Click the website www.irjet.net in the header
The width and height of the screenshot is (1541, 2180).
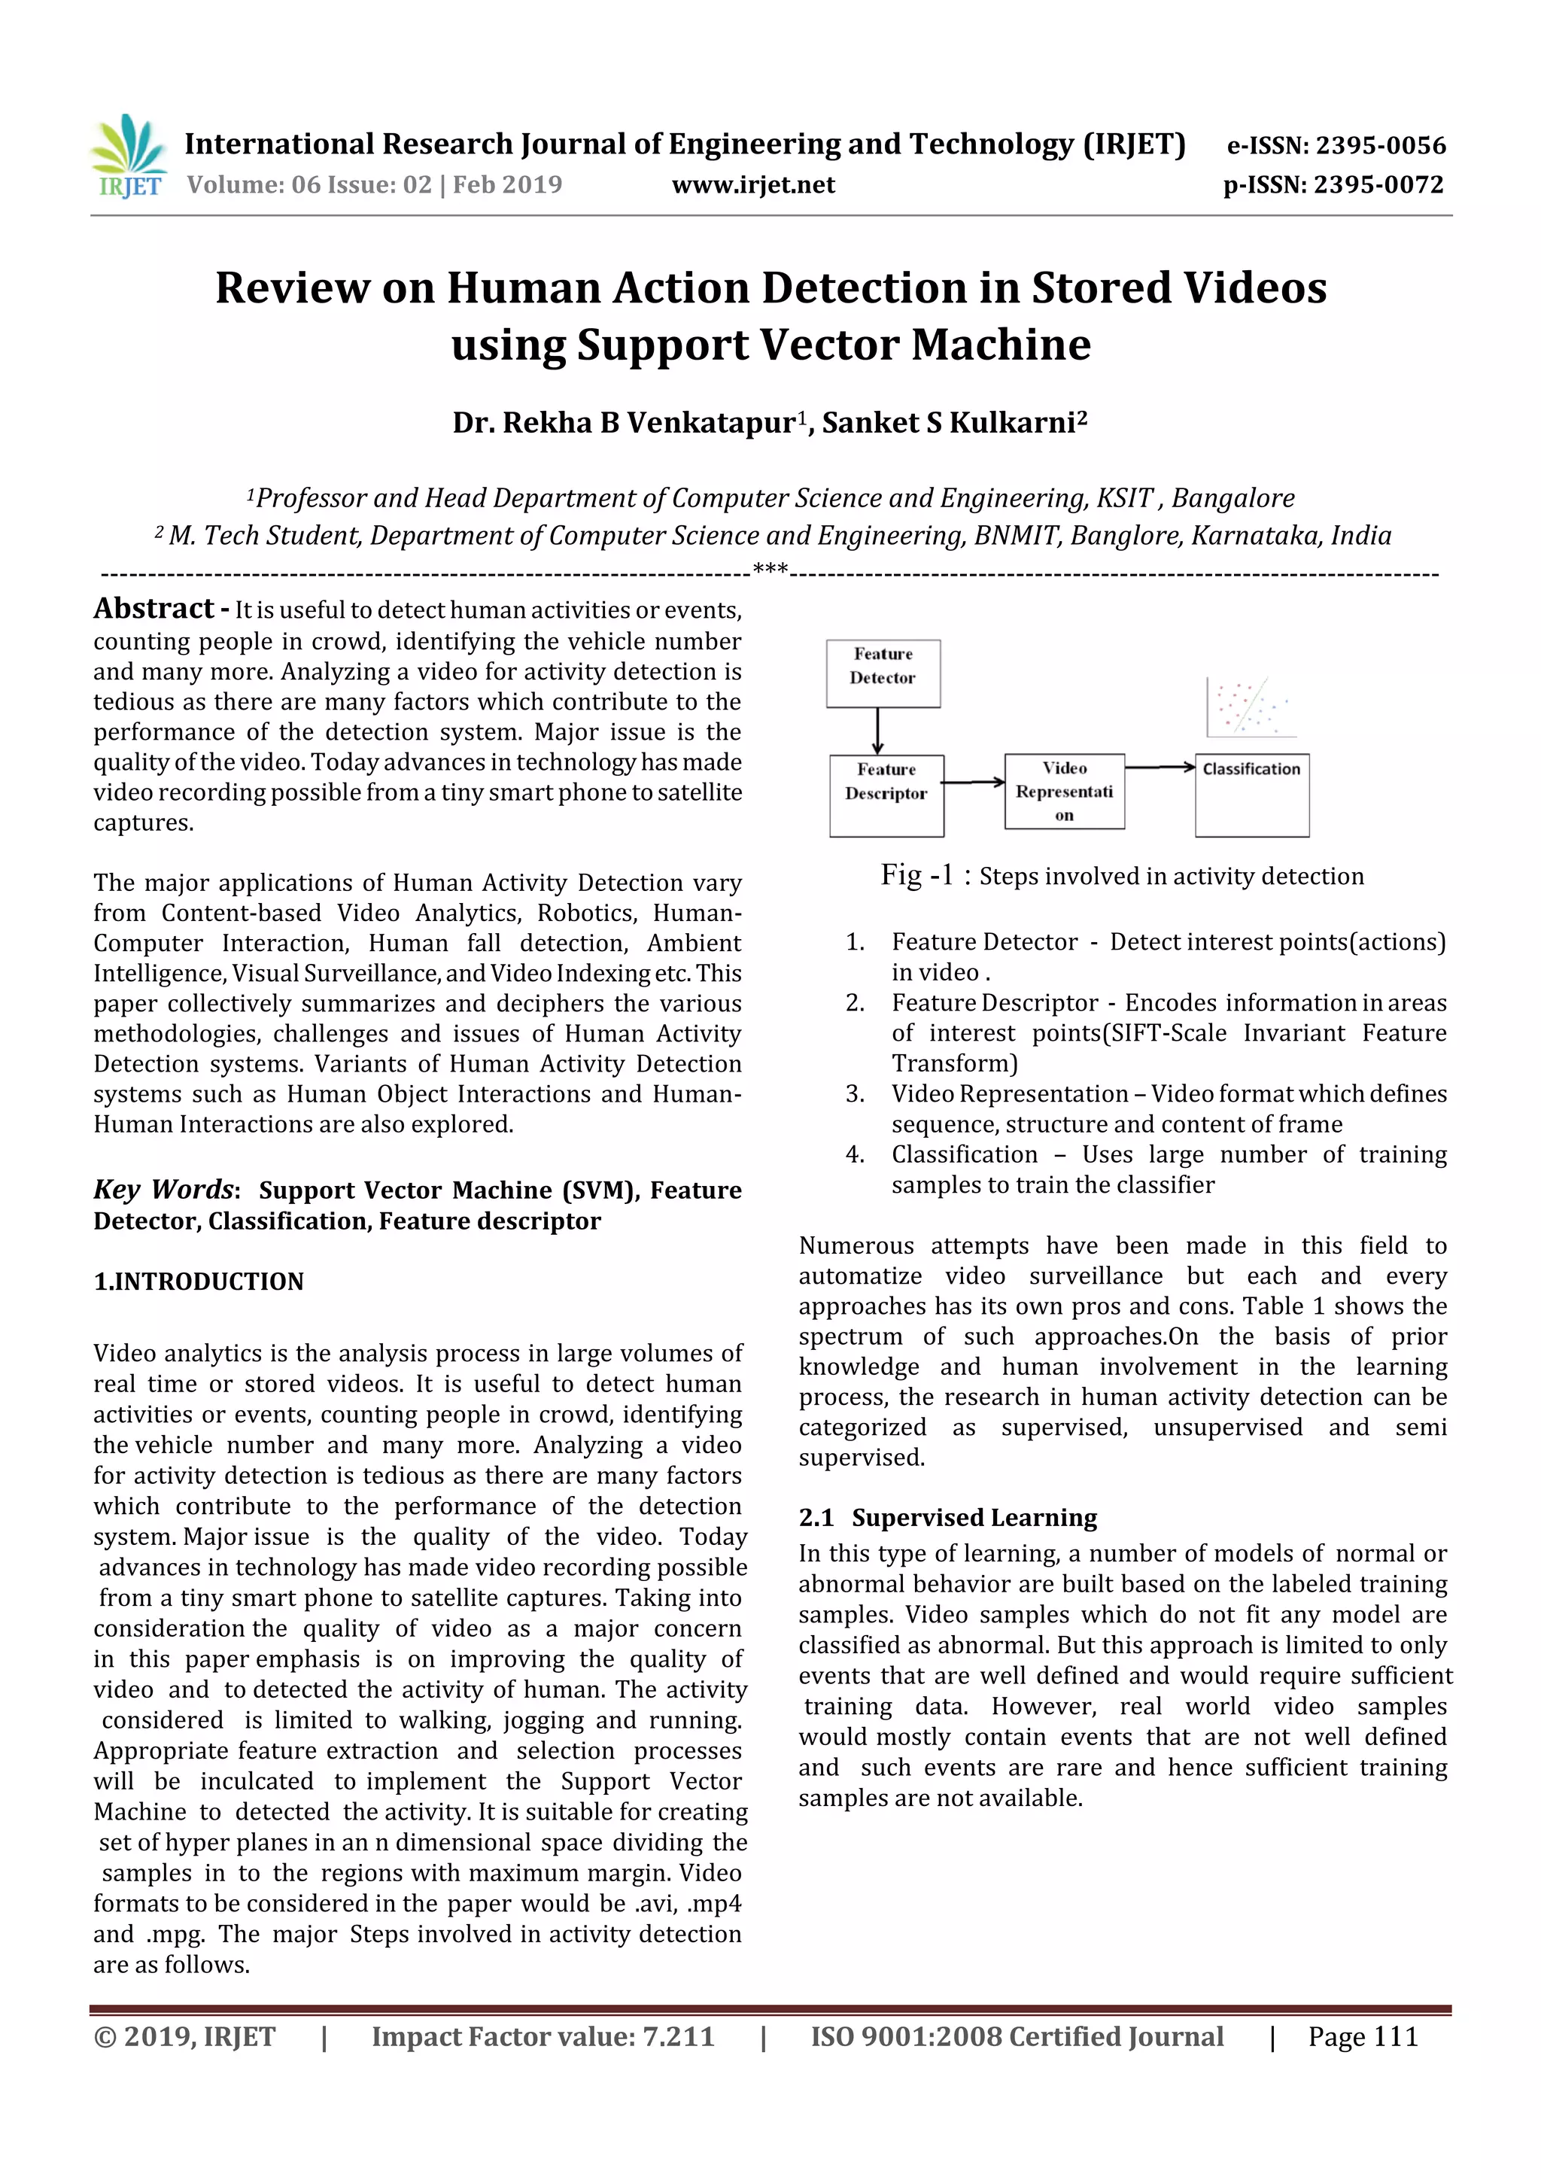753,184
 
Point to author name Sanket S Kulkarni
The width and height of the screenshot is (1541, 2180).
953,422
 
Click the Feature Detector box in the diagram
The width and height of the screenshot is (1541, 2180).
883,673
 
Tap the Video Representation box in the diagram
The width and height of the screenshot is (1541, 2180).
1065,791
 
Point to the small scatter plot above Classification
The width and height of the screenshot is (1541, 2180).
1251,707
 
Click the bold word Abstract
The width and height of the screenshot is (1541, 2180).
153,608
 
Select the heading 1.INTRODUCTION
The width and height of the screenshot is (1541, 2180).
199,1281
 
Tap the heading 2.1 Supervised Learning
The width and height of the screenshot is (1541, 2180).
947,1517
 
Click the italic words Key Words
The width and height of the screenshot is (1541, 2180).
164,1189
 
